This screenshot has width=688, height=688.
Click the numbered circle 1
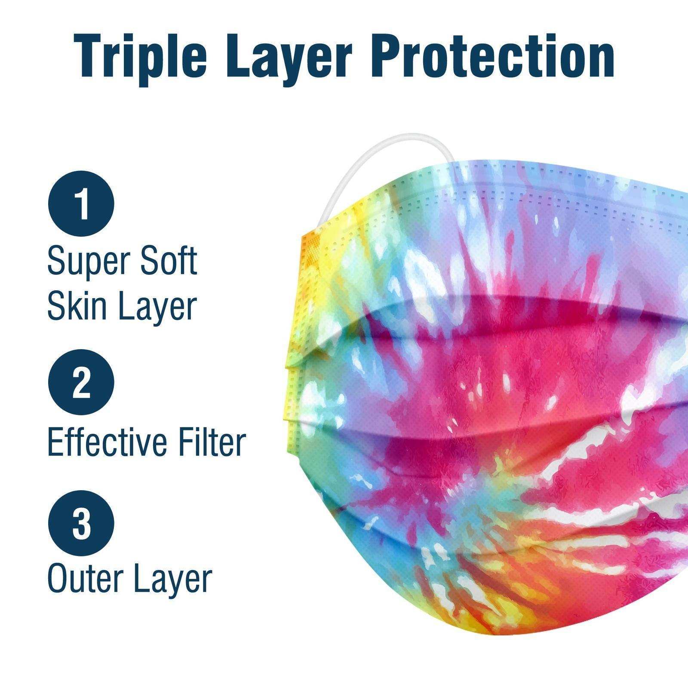[x=81, y=206]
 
